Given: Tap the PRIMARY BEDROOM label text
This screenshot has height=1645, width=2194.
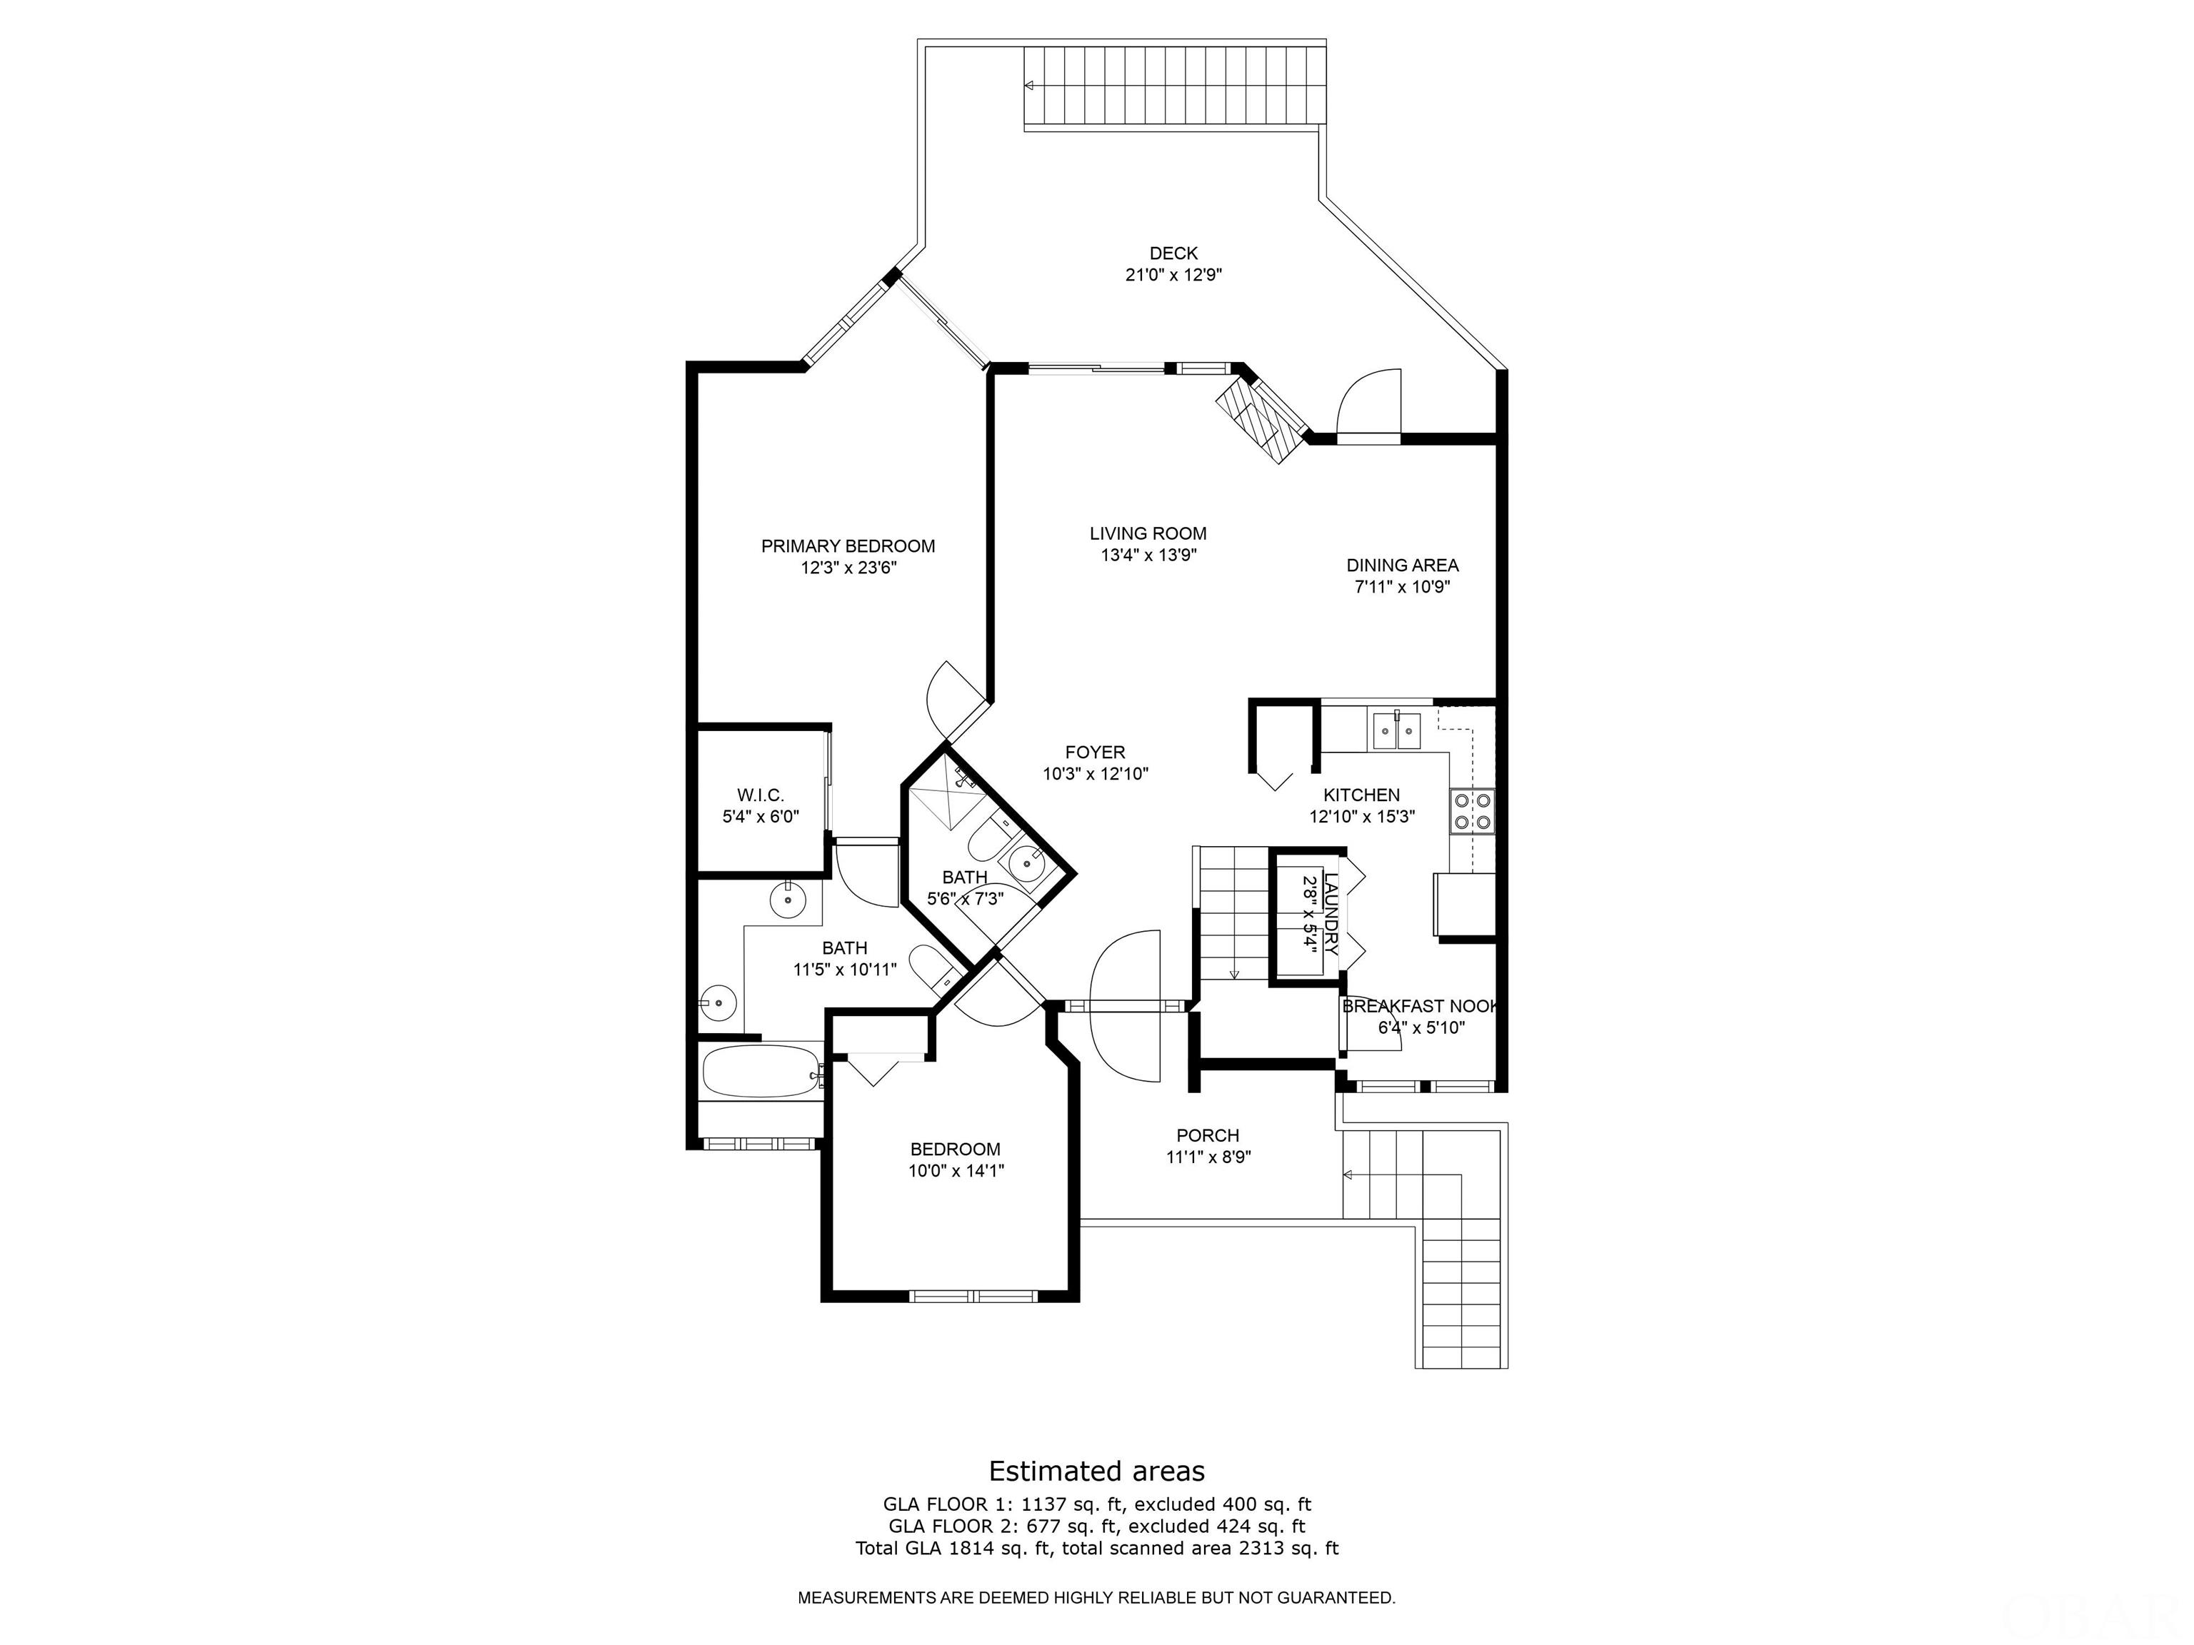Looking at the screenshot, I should (x=848, y=546).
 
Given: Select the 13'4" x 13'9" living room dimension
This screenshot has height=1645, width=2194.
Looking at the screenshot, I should (x=1148, y=555).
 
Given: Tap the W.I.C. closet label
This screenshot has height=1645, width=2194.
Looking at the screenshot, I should (x=761, y=795).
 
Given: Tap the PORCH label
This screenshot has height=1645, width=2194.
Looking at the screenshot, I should (x=1207, y=1135).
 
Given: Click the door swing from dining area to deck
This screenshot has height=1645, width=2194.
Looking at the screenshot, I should (x=1370, y=401).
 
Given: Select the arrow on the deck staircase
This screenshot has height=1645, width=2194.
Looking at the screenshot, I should (x=1030, y=85).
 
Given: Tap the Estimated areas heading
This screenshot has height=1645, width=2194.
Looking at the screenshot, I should (x=1096, y=1471).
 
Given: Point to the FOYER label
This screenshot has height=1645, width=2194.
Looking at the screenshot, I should (x=1095, y=753).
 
